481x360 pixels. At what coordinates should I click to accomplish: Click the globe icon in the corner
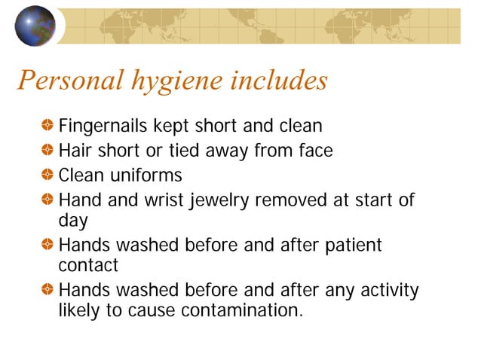pyautogui.click(x=35, y=25)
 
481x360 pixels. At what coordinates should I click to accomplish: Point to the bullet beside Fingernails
pyautogui.click(x=47, y=125)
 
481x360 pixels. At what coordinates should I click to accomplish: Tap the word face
pyautogui.click(x=314, y=151)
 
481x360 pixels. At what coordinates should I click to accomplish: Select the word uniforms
pyautogui.click(x=146, y=176)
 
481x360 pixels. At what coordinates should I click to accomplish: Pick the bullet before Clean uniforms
pyautogui.click(x=47, y=175)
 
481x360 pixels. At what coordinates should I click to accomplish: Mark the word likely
pyautogui.click(x=80, y=310)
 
